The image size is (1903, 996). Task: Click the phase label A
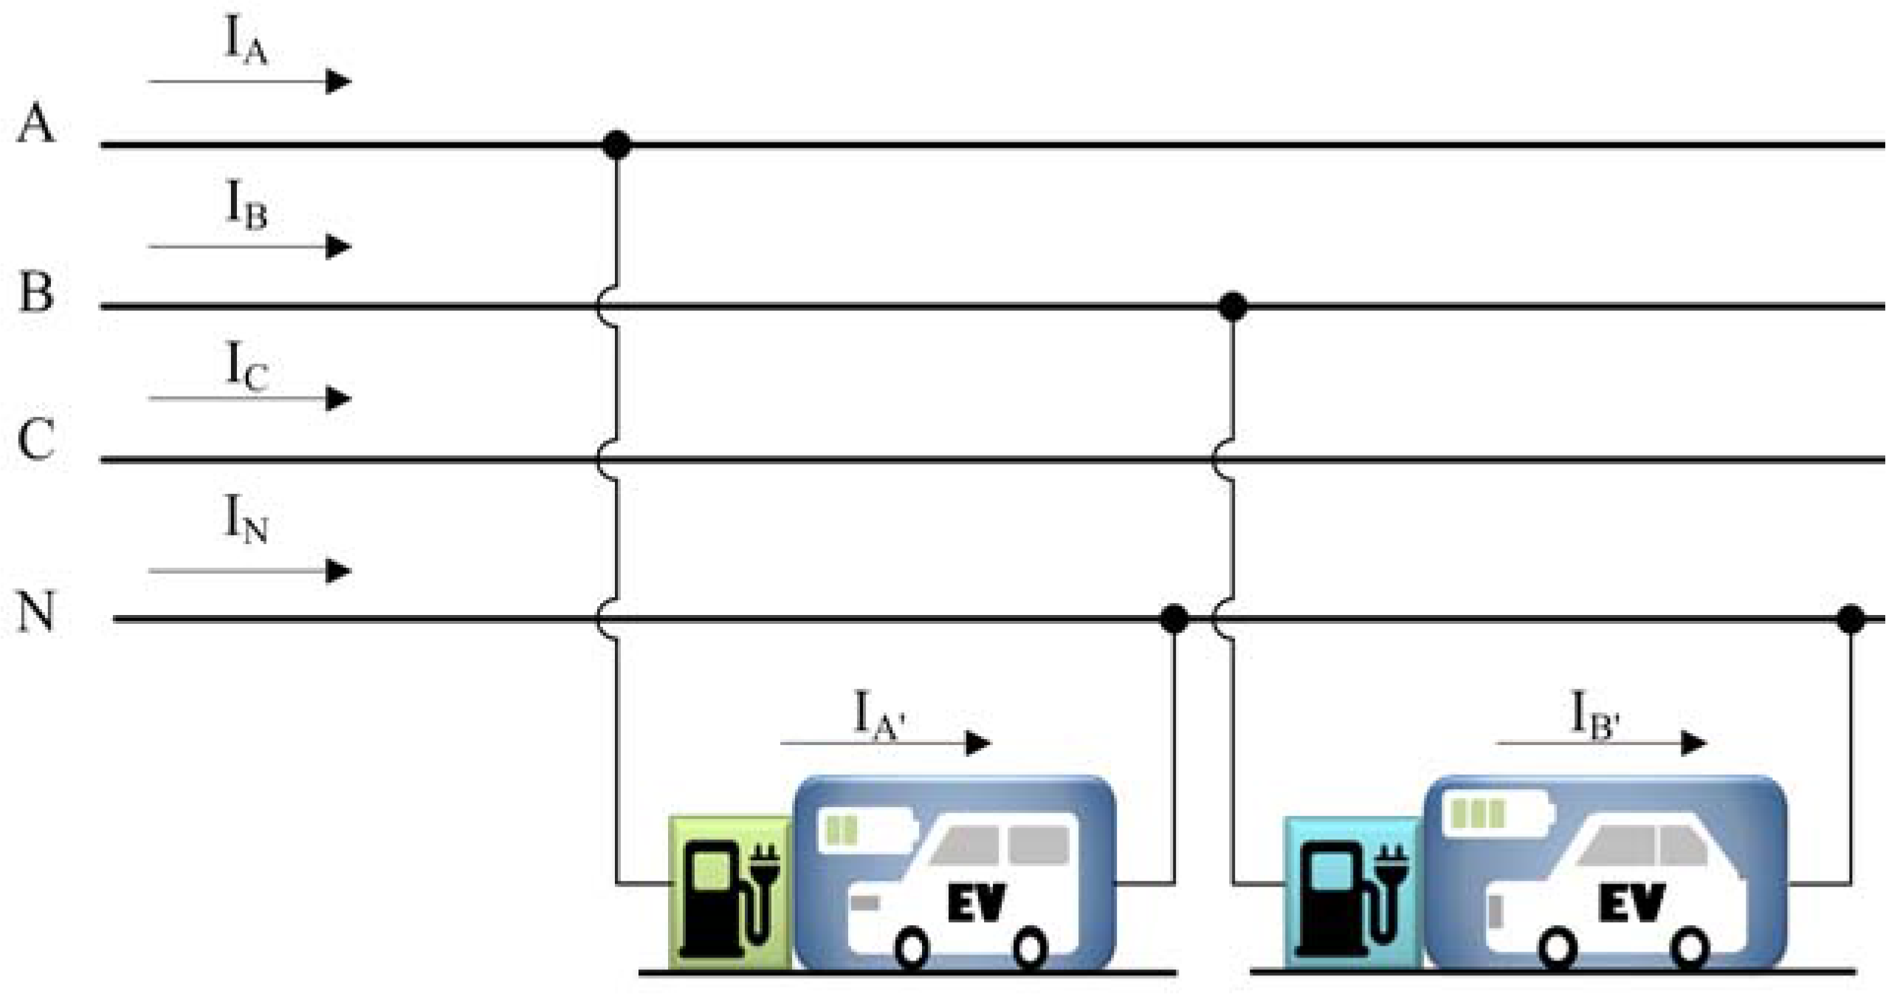tap(35, 124)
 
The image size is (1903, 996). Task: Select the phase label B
tap(36, 292)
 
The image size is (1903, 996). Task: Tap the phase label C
tap(35, 440)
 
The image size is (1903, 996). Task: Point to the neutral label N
tap(36, 612)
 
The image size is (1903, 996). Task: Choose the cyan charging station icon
tap(1352, 894)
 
